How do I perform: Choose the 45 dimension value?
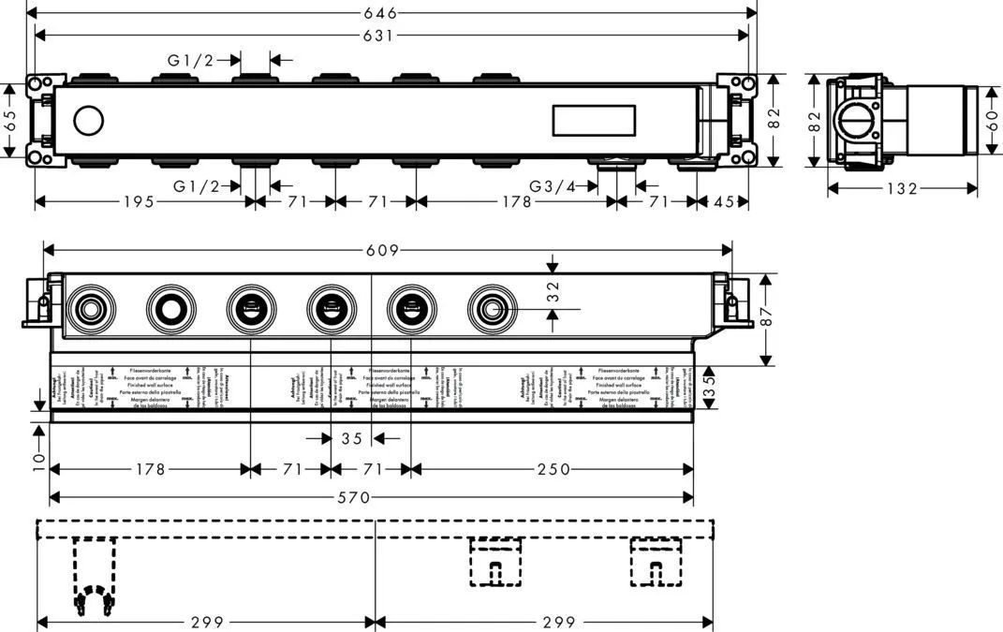click(724, 201)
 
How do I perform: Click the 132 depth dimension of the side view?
click(902, 189)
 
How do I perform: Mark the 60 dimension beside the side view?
click(992, 119)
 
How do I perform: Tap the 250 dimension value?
click(553, 469)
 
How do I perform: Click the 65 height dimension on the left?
click(9, 120)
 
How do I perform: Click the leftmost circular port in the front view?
click(90, 306)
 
